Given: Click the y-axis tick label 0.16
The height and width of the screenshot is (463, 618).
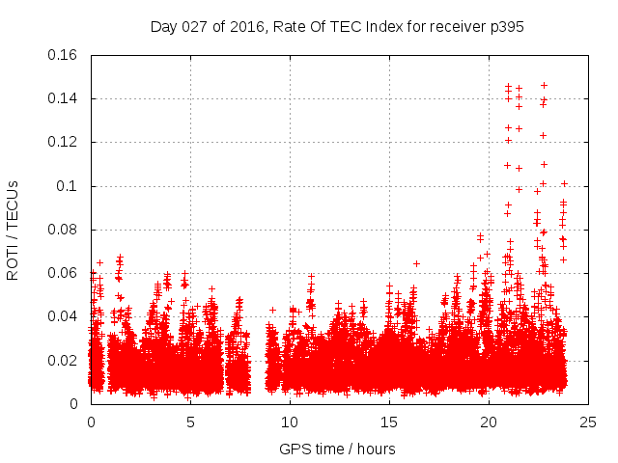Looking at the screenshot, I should tap(65, 55).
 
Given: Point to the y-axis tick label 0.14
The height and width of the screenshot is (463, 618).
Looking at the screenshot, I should tap(65, 98).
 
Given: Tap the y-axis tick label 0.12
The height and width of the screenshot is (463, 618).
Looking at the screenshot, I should tap(65, 142).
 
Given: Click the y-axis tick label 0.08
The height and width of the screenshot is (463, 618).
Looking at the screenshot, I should tap(65, 230).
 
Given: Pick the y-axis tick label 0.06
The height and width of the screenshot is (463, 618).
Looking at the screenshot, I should tap(65, 273).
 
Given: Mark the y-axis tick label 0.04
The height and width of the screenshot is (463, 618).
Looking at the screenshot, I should tap(65, 316).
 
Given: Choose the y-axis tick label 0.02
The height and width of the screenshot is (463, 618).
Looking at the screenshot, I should tap(65, 361).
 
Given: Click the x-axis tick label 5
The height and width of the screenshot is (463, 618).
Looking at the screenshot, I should tap(190, 422).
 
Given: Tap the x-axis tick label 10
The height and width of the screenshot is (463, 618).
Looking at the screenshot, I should tap(290, 422).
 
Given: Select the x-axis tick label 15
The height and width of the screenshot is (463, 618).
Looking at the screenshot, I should tap(389, 422).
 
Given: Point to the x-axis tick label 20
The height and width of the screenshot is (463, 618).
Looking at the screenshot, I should tap(489, 422).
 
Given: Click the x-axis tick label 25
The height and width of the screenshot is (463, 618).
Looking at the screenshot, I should tap(588, 422).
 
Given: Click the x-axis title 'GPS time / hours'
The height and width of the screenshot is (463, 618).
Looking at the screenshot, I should tap(337, 449).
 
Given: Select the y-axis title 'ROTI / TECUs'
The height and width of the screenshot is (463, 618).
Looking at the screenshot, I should tap(13, 230).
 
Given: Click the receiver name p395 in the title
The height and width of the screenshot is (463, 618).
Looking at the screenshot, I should tap(506, 27).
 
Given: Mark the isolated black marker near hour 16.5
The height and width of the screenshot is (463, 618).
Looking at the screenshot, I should tap(416, 263).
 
